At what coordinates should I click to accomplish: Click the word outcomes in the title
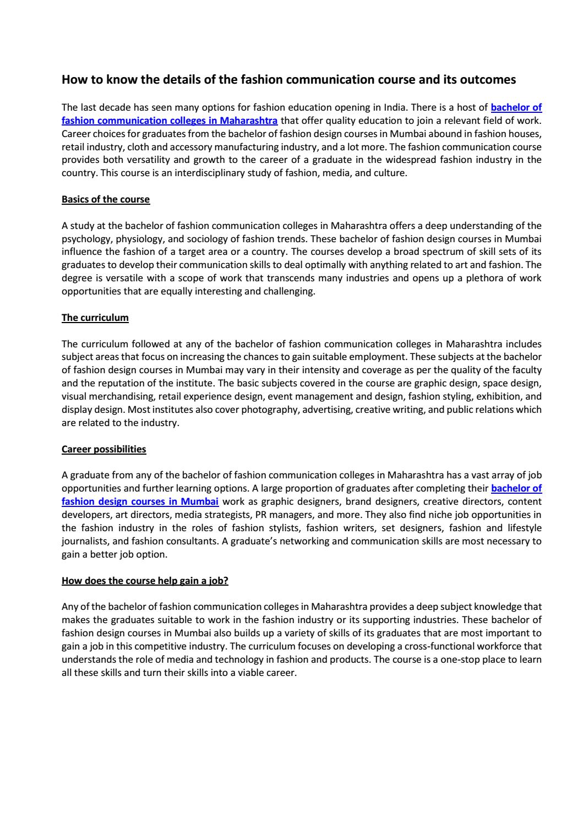[489, 80]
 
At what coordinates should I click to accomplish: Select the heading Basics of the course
[106, 199]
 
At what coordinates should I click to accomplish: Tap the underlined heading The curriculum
[95, 318]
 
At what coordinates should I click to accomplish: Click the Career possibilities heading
[104, 449]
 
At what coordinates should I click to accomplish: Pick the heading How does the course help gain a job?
[145, 581]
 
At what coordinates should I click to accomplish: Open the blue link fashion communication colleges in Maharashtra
[170, 121]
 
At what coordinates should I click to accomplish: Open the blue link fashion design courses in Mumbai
[140, 501]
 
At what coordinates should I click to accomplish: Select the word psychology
[84, 239]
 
